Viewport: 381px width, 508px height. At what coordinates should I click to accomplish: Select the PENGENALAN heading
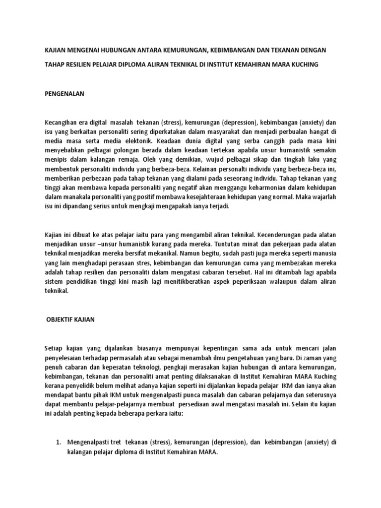(64, 93)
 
